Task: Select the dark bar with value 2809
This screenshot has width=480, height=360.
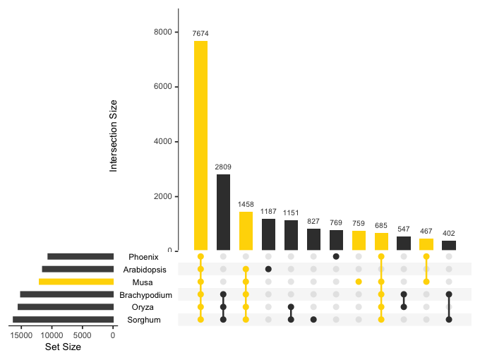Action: click(223, 212)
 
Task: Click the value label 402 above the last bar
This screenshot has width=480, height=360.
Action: click(449, 234)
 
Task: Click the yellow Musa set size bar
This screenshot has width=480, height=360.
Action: click(76, 282)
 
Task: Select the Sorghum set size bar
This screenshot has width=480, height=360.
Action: click(63, 320)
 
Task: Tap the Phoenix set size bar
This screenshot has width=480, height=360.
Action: click(80, 256)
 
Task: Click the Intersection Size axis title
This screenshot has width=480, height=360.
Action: click(114, 137)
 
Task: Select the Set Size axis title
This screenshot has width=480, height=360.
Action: click(63, 347)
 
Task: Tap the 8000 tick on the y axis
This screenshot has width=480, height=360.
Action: click(164, 32)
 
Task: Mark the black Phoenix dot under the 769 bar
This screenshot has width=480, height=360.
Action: click(336, 256)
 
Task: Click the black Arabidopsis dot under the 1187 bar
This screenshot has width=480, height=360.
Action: click(268, 269)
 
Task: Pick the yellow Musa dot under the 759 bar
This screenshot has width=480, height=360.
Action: click(359, 282)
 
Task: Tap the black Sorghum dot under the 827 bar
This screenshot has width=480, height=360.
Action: click(313, 320)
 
